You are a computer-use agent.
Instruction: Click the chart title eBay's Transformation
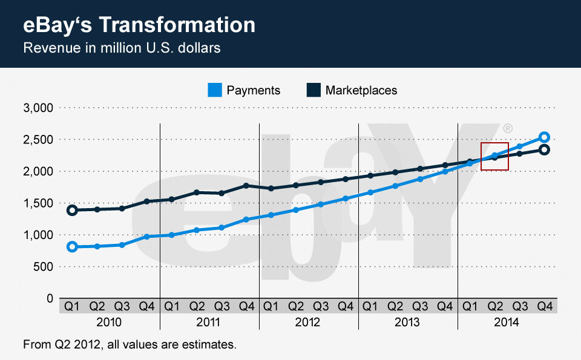[139, 25]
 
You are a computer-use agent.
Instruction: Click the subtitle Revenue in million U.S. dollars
[122, 48]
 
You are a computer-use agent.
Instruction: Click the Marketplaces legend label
[361, 90]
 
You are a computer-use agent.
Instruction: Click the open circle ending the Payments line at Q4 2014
[544, 137]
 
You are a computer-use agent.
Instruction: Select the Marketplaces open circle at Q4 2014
[544, 149]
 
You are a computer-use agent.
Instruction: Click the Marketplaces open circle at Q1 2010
[72, 211]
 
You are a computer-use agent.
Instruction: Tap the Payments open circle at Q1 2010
[72, 246]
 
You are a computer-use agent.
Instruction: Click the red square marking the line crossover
[494, 156]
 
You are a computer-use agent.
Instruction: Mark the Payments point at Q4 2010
[146, 236]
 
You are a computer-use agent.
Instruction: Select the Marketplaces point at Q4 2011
[246, 186]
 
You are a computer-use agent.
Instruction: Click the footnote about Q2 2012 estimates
[129, 345]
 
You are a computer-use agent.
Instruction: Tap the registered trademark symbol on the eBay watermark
[508, 128]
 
